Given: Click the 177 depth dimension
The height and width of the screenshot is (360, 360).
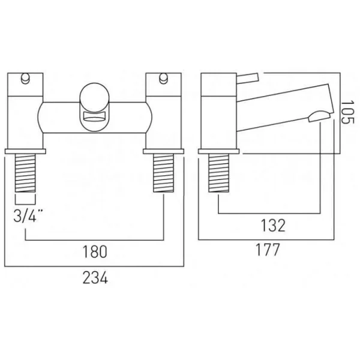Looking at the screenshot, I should coord(268,250).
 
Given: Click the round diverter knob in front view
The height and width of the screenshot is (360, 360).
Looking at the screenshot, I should coord(94,96).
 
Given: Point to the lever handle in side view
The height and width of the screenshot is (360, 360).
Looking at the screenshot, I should coord(247,76).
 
